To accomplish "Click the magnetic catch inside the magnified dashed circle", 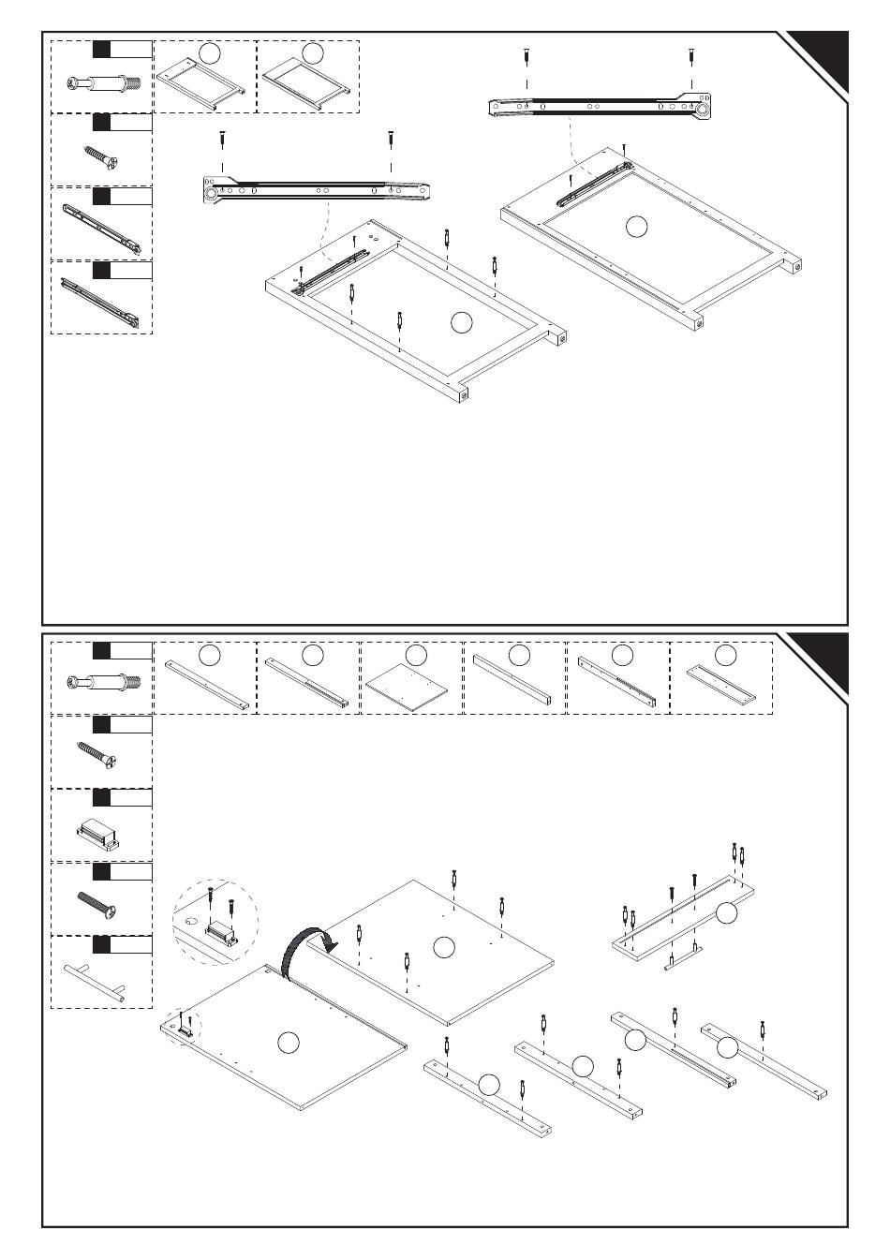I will (221, 931).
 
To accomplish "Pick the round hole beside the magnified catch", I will (191, 922).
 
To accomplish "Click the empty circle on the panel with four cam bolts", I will (444, 947).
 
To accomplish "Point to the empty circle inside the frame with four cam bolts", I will (460, 322).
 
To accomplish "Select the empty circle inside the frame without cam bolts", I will (636, 225).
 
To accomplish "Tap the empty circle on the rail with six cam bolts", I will (727, 911).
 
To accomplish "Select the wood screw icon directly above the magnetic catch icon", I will (96, 758).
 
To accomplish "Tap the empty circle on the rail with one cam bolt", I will (727, 1046).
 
